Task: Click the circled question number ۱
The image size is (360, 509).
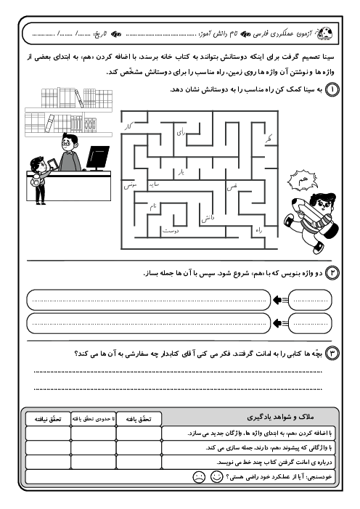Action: click(x=332, y=89)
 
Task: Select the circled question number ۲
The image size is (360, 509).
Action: click(x=332, y=272)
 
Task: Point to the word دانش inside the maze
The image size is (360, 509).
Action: click(x=206, y=216)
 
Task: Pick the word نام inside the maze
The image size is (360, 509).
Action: click(x=153, y=206)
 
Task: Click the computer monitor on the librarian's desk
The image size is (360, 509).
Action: click(x=97, y=156)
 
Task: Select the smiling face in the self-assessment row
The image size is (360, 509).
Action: click(x=216, y=478)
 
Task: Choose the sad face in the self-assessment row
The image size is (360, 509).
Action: click(x=197, y=478)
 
